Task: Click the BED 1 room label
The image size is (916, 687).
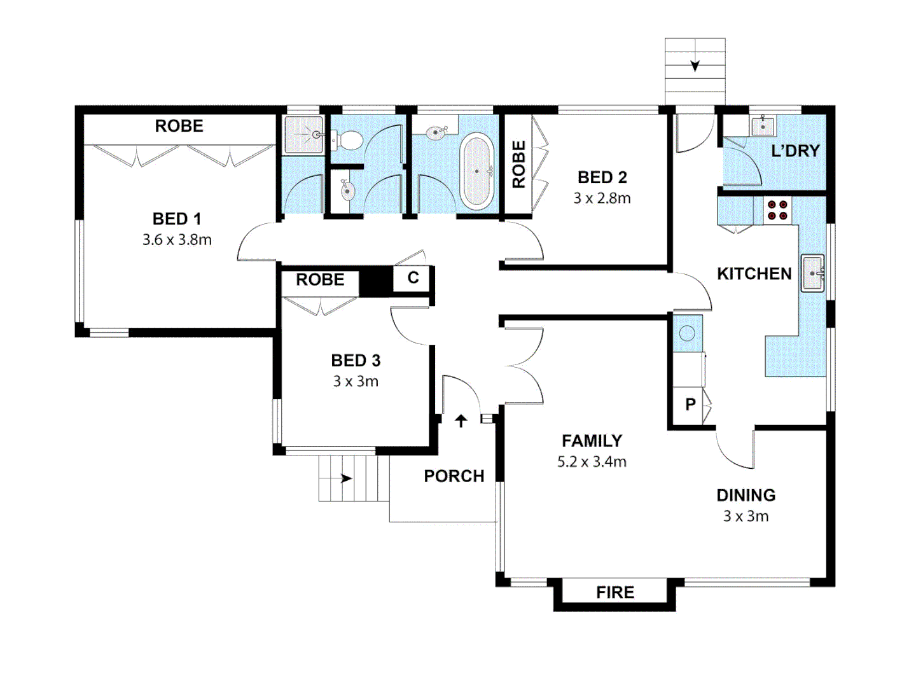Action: click(x=177, y=219)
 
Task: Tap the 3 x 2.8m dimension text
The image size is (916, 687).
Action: click(x=602, y=198)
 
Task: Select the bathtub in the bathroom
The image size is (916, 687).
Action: click(x=476, y=172)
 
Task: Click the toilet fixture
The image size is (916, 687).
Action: click(x=347, y=139)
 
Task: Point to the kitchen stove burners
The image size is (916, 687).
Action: click(x=777, y=211)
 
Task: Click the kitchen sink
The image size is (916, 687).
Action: click(x=812, y=274)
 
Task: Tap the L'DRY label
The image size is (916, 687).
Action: click(x=795, y=151)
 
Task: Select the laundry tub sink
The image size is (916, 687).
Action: click(x=763, y=126)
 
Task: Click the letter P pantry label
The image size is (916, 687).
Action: click(x=690, y=405)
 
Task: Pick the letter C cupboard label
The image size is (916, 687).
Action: click(x=413, y=278)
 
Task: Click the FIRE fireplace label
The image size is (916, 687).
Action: click(x=614, y=593)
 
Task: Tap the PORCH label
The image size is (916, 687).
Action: click(x=454, y=476)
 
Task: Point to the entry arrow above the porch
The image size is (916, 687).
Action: click(x=461, y=420)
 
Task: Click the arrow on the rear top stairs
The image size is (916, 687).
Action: click(x=695, y=66)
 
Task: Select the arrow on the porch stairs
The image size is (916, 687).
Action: click(x=346, y=478)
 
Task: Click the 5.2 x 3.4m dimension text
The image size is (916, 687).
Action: click(x=592, y=462)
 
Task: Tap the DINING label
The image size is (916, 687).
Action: click(x=746, y=496)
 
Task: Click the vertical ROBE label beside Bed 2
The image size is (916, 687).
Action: click(x=519, y=164)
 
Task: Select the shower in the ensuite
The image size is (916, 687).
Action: click(x=303, y=135)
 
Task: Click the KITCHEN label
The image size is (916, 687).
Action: click(x=754, y=274)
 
